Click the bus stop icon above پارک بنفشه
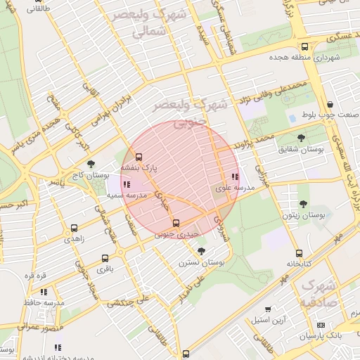(x=138, y=157)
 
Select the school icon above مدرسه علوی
(x=234, y=176)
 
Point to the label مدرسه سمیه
(x=127, y=194)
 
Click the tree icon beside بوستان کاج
(x=91, y=164)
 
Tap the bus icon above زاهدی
(x=74, y=229)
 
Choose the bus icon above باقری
(x=105, y=258)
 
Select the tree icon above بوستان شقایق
(x=301, y=138)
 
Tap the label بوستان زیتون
(x=303, y=216)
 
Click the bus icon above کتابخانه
(x=299, y=253)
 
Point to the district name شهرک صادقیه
(x=319, y=295)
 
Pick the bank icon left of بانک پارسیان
(x=321, y=326)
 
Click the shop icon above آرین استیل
(x=267, y=309)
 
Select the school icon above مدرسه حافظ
(x=44, y=291)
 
